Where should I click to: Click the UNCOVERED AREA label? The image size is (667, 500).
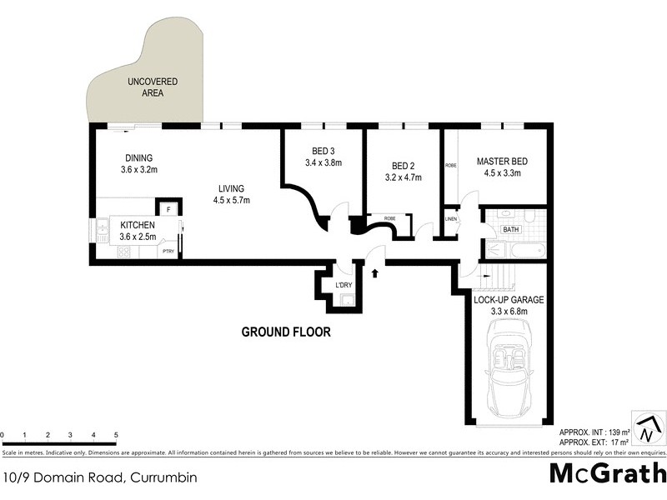pyautogui.click(x=146, y=87)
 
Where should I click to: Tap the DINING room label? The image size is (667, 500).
pyautogui.click(x=138, y=158)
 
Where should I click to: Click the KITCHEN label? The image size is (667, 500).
pyautogui.click(x=138, y=225)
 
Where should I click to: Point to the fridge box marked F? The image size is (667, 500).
pyautogui.click(x=168, y=210)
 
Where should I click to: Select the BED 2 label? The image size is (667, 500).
pyautogui.click(x=403, y=164)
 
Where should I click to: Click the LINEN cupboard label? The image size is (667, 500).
pyautogui.click(x=451, y=219)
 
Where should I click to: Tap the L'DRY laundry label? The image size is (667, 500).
pyautogui.click(x=343, y=287)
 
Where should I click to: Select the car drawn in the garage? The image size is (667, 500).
pyautogui.click(x=508, y=377)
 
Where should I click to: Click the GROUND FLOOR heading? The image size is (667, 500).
pyautogui.click(x=286, y=332)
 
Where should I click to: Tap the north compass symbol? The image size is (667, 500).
pyautogui.click(x=646, y=427)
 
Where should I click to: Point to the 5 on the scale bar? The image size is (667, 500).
pyautogui.click(x=116, y=435)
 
